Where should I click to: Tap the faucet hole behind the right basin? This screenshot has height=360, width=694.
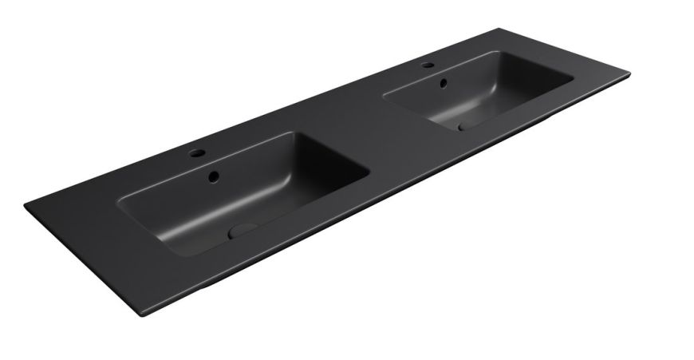point(428,65)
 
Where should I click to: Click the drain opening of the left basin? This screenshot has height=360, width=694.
point(242,230)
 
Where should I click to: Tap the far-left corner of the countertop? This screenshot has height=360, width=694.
point(26,205)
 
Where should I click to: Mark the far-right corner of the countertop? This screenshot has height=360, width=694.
point(629,75)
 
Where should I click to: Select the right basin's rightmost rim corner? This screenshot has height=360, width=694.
point(574,79)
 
